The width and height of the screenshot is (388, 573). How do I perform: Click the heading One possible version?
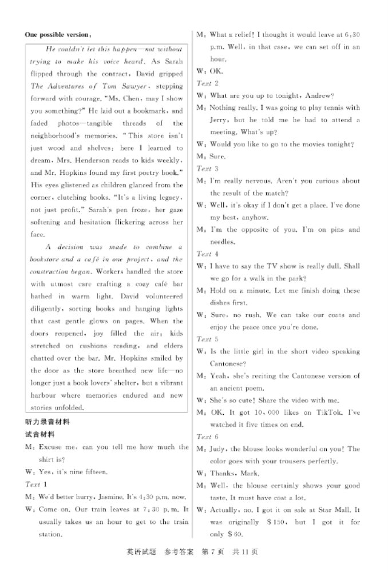coord(57,34)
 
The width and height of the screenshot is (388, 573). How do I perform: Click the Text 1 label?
coord(33,484)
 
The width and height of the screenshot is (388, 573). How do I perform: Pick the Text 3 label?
coord(204,169)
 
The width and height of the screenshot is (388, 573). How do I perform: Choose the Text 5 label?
coord(204,339)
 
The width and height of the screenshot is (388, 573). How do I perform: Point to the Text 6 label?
coord(204,436)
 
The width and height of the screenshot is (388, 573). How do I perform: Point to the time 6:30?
coord(350,35)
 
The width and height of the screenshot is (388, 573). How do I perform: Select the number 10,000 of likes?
coord(267,412)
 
